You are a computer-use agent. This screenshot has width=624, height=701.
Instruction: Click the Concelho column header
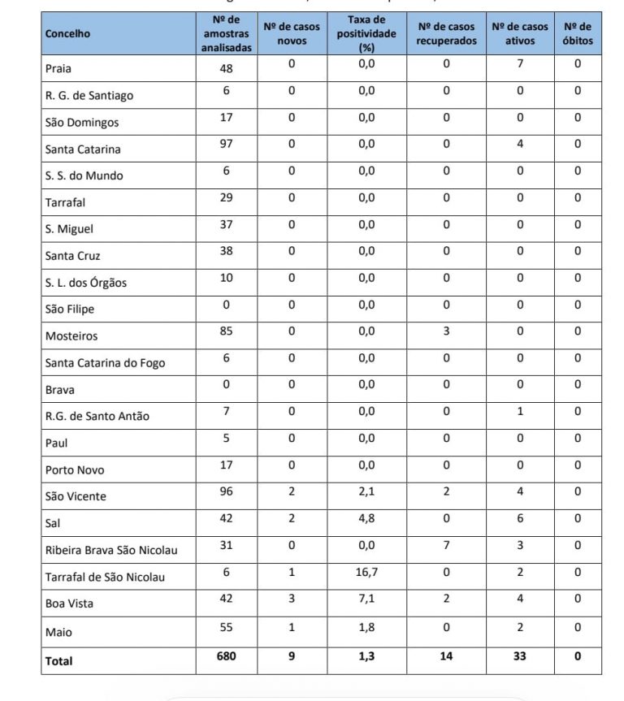[x=67, y=34]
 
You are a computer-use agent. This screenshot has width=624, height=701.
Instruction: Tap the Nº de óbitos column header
[x=578, y=34]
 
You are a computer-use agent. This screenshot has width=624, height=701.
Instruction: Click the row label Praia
[x=58, y=69]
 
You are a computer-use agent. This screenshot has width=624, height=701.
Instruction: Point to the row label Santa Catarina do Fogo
[x=105, y=363]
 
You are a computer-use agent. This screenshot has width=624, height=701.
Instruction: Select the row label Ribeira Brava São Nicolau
[x=111, y=551]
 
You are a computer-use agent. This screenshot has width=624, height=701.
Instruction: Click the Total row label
[x=58, y=661]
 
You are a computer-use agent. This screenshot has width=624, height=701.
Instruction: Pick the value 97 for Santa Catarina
[x=227, y=144]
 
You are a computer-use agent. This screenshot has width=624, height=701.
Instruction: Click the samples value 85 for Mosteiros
[x=227, y=331]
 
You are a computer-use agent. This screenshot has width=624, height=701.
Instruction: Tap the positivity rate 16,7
[x=366, y=572]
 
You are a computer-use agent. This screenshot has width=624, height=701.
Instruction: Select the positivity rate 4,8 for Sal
[x=366, y=518]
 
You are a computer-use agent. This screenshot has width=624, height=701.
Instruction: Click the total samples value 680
[x=227, y=656]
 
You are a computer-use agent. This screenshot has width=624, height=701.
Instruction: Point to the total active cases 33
[x=520, y=656]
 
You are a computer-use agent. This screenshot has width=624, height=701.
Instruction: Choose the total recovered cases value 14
[x=446, y=656]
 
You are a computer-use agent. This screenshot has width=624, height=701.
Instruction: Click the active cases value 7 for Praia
[x=520, y=63]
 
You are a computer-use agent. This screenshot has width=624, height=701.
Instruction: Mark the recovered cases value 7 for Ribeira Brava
[x=446, y=545]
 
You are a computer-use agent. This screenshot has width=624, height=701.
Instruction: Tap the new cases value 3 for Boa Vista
[x=292, y=599]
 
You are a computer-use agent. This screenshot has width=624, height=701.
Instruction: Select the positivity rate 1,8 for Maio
[x=366, y=627]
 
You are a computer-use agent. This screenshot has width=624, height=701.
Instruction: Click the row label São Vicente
[x=76, y=496]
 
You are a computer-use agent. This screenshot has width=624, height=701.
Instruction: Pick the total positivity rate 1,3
[x=366, y=656]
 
